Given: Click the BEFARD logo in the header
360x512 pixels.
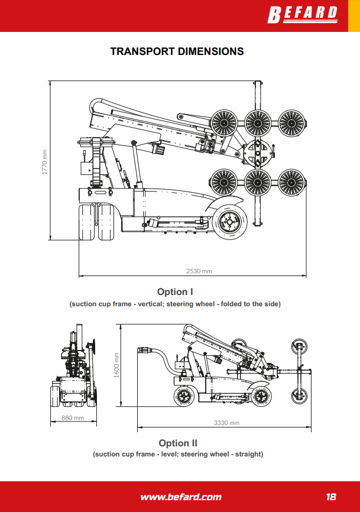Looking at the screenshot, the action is click(x=303, y=15).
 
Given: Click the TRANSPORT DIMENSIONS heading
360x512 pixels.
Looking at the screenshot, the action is click(x=177, y=51).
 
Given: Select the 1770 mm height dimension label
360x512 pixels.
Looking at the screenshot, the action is click(x=45, y=162).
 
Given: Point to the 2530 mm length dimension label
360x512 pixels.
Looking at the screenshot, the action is click(x=199, y=271).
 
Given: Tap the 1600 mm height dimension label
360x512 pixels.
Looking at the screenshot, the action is click(x=116, y=365).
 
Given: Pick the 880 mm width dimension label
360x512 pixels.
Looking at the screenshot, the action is click(x=73, y=418).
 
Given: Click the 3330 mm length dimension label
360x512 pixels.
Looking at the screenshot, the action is click(x=226, y=423).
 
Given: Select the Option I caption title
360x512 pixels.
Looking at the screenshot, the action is click(x=175, y=291).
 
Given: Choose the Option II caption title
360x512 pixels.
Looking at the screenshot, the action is click(x=178, y=443).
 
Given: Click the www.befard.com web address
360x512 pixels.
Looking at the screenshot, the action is click(x=181, y=497).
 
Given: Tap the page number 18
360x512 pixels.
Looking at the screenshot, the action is click(x=331, y=497).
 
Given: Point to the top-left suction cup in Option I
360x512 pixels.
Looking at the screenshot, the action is click(x=224, y=123).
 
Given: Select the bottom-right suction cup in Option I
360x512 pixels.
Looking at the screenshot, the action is click(x=292, y=182).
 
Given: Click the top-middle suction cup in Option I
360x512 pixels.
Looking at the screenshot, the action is click(x=258, y=123).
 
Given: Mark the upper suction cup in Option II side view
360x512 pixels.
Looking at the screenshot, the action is click(x=299, y=347).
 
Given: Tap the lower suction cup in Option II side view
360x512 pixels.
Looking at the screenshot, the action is click(x=299, y=396).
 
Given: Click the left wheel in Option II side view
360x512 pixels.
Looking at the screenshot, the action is click(x=184, y=396).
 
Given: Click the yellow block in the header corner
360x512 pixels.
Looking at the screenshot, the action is click(x=354, y=16).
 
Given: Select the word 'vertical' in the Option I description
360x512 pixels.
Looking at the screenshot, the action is click(x=150, y=304).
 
